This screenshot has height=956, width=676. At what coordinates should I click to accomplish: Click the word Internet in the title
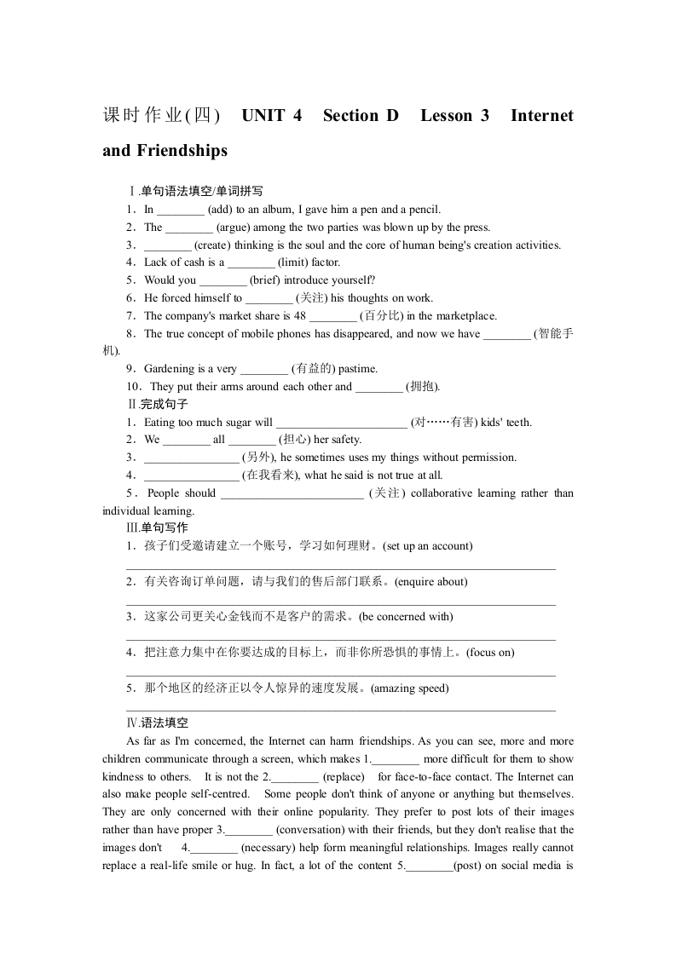click(x=541, y=116)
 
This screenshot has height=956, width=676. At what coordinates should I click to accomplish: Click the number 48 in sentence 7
click(x=299, y=316)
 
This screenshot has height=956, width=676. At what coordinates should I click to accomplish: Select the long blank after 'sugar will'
click(x=342, y=423)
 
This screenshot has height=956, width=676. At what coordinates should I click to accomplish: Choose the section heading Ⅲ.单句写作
click(x=157, y=528)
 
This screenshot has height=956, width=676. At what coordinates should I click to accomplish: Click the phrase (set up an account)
click(x=426, y=545)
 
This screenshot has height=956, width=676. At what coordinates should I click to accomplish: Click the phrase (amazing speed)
click(x=409, y=688)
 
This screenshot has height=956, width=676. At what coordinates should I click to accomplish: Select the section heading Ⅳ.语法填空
click(x=157, y=723)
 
